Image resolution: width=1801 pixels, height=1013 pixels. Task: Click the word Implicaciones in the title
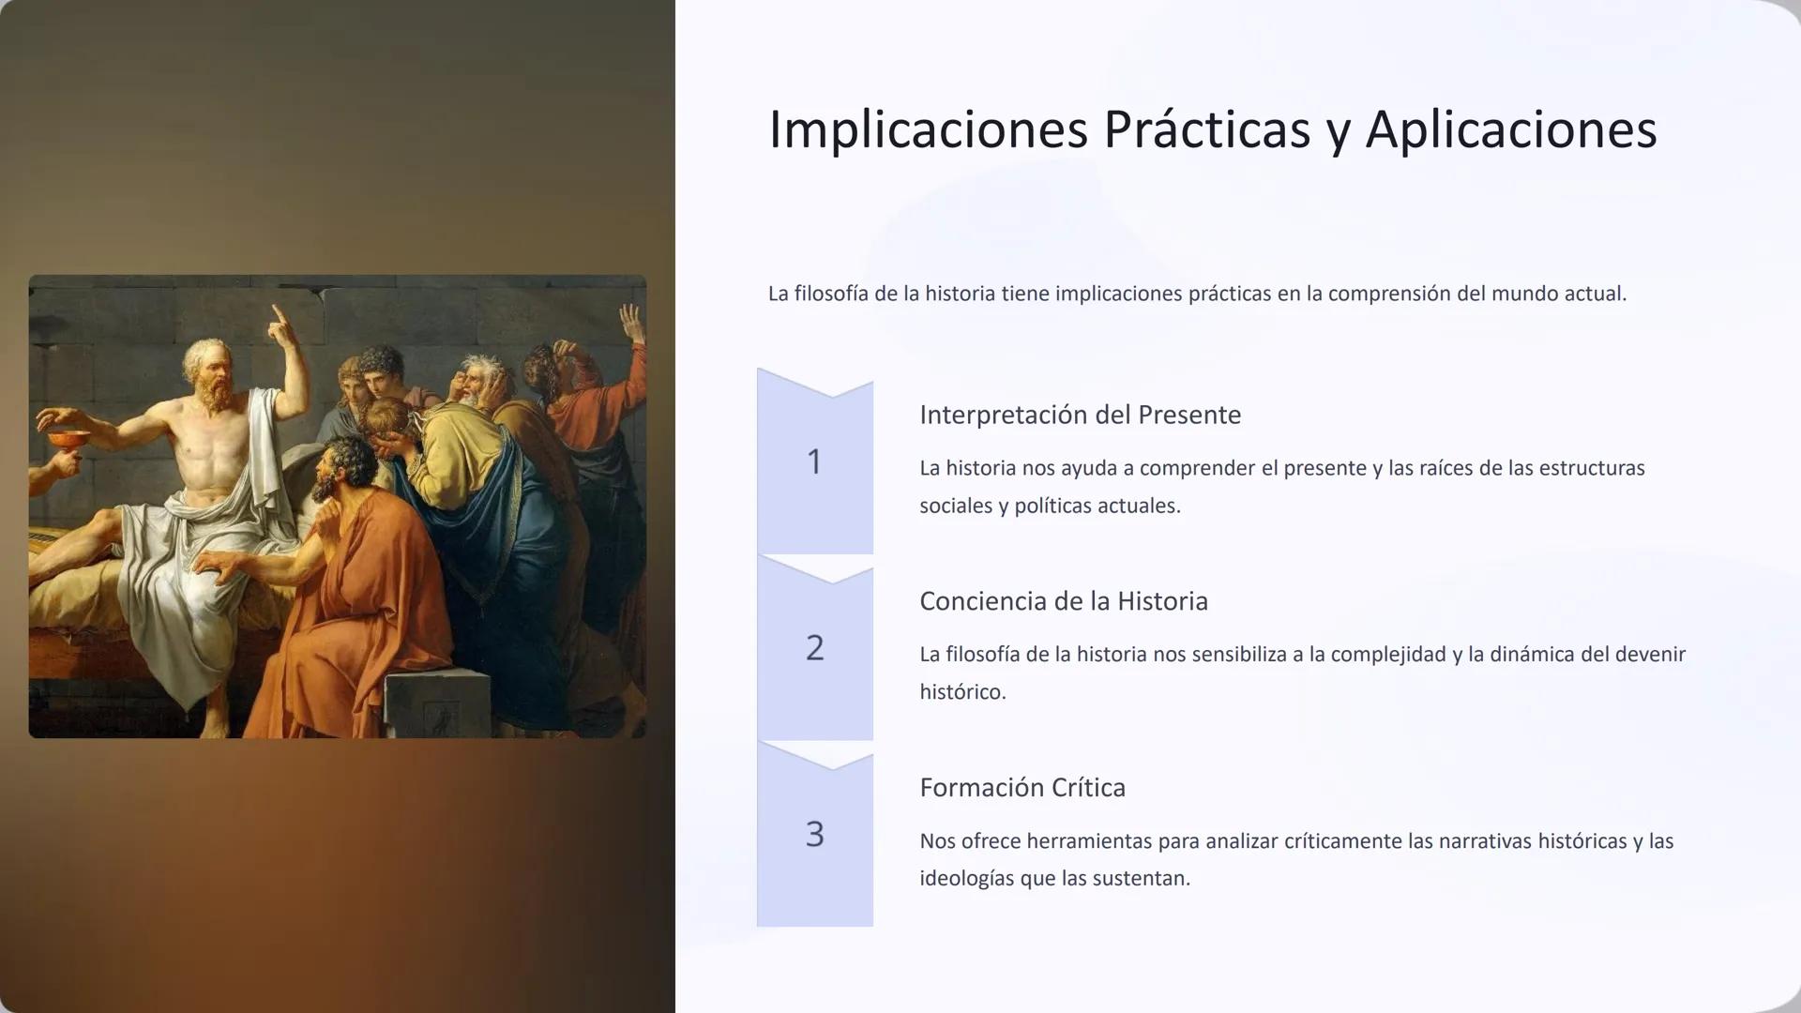point(928,129)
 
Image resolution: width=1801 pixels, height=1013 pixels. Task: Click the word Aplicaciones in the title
point(1510,129)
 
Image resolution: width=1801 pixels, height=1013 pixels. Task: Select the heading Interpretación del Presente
point(1080,415)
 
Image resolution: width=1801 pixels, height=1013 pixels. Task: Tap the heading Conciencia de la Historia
point(1063,601)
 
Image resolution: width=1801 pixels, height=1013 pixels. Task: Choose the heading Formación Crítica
point(1022,787)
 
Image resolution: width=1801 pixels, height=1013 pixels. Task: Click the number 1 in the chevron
point(814,461)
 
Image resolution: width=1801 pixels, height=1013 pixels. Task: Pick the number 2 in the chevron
point(814,648)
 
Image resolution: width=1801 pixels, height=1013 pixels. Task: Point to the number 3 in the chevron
point(814,834)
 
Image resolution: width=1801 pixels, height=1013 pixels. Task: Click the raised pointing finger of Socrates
point(278,319)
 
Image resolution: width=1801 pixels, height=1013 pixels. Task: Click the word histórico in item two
point(961,692)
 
